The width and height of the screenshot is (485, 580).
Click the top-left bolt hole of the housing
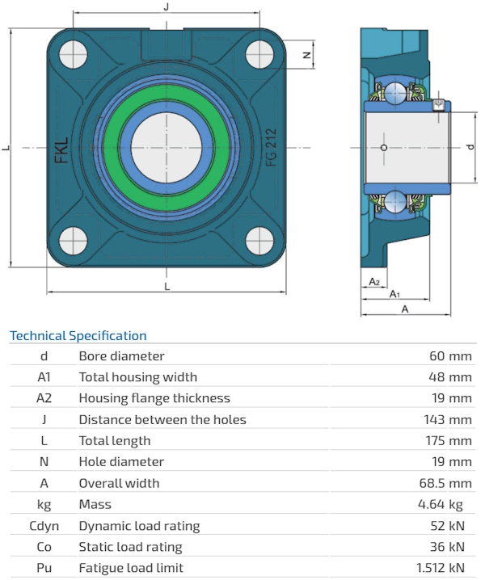click(71, 54)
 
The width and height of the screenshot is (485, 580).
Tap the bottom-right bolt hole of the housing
click(261, 241)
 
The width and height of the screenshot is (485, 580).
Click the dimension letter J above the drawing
click(166, 6)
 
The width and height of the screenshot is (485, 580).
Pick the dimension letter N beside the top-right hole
click(306, 55)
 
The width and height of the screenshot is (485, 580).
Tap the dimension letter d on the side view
click(470, 147)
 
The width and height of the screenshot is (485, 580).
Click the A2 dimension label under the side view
click(373, 281)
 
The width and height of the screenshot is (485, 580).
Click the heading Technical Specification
click(78, 336)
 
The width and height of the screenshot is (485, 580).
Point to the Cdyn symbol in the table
click(44, 526)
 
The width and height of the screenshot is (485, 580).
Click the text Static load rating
click(130, 547)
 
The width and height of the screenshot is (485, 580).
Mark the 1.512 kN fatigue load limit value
click(441, 568)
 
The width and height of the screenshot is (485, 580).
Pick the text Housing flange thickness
click(154, 398)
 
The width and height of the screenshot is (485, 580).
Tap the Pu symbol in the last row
click(44, 568)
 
